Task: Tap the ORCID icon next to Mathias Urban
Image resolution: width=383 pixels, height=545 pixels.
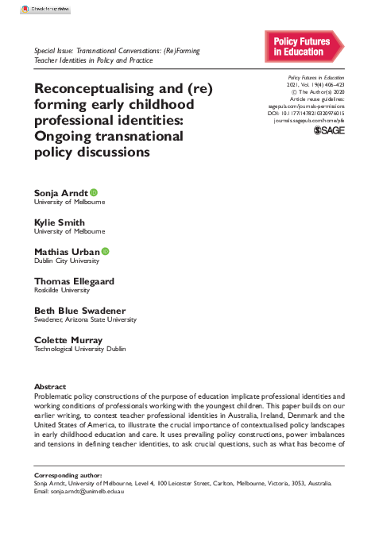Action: [x=105, y=251]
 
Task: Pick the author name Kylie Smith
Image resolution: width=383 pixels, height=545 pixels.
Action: [x=60, y=222]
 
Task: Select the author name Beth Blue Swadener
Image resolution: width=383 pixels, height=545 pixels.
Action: [x=79, y=310]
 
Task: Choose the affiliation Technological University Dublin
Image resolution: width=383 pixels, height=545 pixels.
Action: [x=79, y=349]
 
